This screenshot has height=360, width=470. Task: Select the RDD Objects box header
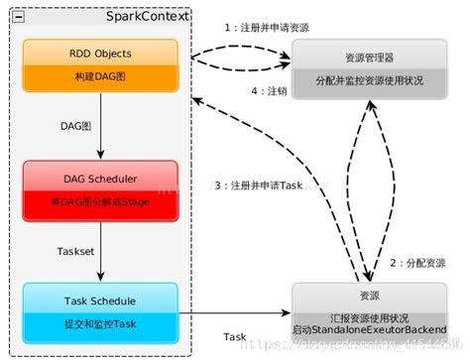pyautogui.click(x=100, y=52)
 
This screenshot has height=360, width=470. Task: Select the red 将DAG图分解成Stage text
pyautogui.click(x=100, y=202)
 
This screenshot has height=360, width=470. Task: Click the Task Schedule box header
pyautogui.click(x=100, y=299)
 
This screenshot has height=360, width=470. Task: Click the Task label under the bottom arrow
pyautogui.click(x=235, y=337)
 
